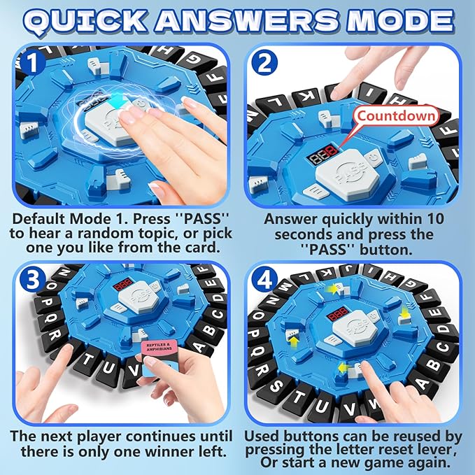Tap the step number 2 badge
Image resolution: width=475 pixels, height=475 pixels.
pos(262,64)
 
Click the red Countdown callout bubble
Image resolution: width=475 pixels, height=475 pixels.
pos(395,115)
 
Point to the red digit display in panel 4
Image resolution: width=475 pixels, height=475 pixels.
pos(339,316)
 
